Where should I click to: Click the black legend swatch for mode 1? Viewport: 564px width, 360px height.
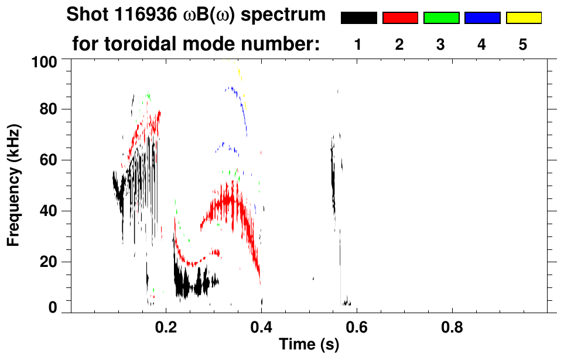[x=358, y=18]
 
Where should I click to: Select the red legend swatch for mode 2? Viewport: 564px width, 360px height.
[x=400, y=18]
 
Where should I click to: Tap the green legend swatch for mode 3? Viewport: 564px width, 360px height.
[x=441, y=18]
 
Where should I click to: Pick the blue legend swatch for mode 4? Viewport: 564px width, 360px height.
[x=482, y=18]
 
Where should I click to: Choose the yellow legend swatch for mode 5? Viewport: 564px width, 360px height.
[x=524, y=18]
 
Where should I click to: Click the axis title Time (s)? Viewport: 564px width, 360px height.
[x=308, y=345]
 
